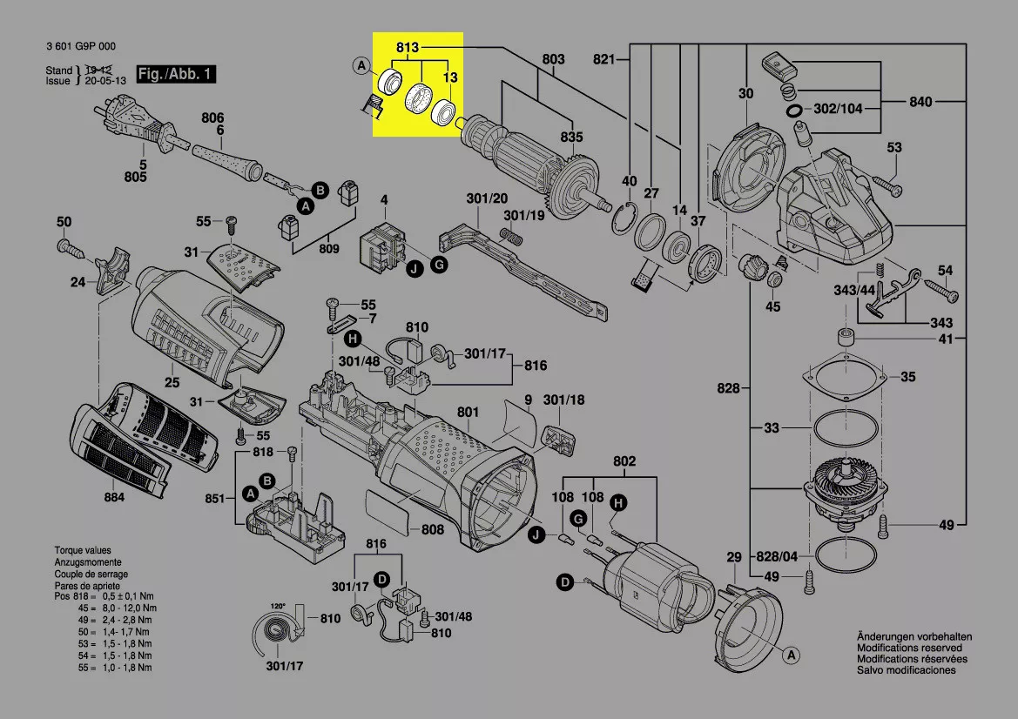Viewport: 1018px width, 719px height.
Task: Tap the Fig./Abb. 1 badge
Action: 175,74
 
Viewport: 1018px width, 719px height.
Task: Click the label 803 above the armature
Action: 553,59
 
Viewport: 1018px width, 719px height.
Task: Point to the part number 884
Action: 114,497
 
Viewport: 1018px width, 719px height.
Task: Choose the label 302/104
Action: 838,111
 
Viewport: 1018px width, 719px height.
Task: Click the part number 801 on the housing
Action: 468,412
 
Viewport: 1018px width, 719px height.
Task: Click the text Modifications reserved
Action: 909,648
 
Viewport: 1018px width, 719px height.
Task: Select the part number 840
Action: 920,102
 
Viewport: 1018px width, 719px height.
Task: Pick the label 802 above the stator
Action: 624,461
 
